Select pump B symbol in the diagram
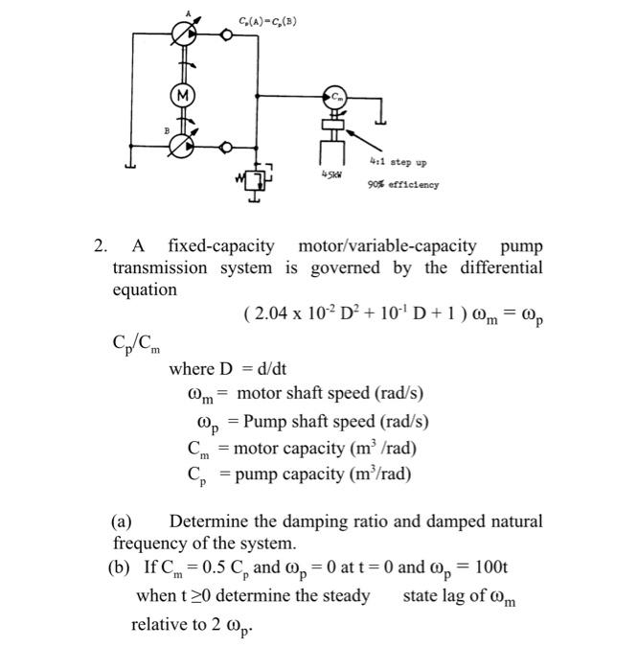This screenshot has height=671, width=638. pyautogui.click(x=180, y=147)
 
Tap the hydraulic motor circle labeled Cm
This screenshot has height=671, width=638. pyautogui.click(x=336, y=95)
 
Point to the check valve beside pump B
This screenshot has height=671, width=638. pyautogui.click(x=226, y=148)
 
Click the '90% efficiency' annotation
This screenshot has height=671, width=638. pyautogui.click(x=403, y=184)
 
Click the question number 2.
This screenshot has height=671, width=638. pyautogui.click(x=100, y=245)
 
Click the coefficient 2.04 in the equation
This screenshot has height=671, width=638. pyautogui.click(x=272, y=313)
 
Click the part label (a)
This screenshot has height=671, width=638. pyautogui.click(x=122, y=522)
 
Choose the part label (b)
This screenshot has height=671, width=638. pyautogui.click(x=120, y=568)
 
